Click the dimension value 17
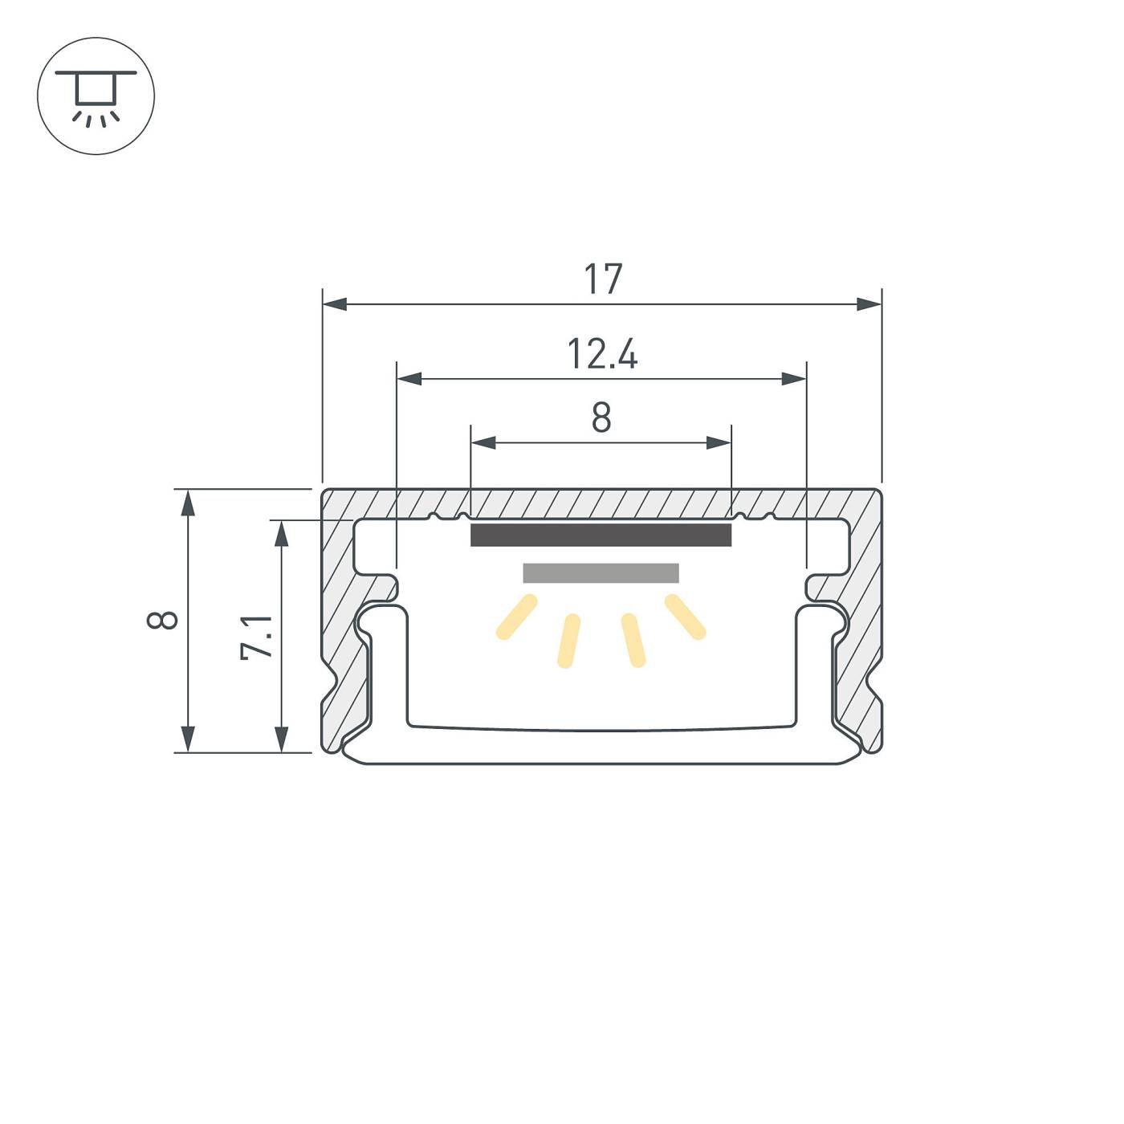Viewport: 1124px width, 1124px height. click(602, 279)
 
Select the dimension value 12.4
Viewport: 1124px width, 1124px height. click(602, 354)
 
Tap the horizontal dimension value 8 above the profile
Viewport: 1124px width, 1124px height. click(601, 417)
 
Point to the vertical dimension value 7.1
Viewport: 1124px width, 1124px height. click(258, 637)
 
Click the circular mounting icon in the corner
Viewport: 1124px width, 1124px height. click(96, 96)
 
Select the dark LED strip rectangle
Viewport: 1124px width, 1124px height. click(601, 535)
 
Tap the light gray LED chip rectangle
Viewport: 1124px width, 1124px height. click(601, 572)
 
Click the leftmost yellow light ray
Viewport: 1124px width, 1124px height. click(516, 617)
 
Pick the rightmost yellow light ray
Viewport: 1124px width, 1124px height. click(685, 617)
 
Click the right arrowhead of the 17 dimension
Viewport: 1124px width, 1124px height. click(869, 304)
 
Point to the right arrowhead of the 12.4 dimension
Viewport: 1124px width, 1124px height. click(794, 378)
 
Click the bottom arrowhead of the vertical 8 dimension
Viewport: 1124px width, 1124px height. click(188, 739)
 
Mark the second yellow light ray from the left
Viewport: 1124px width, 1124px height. click(568, 641)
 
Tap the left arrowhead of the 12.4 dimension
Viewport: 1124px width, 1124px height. click(409, 378)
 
